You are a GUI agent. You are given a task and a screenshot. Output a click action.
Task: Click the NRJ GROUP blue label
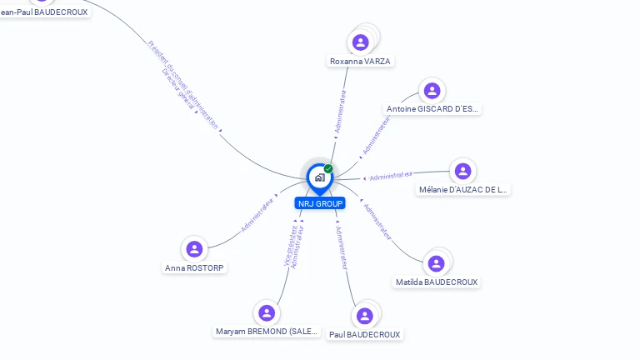point(320,203)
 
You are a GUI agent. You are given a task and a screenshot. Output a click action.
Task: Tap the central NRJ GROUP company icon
point(320,177)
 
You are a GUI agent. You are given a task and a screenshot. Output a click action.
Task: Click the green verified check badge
point(328,168)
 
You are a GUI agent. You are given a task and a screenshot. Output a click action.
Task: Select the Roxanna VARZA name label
point(360,61)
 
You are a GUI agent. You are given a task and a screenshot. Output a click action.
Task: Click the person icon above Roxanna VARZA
point(361,42)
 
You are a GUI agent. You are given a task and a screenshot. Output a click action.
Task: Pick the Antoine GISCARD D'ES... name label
point(432,109)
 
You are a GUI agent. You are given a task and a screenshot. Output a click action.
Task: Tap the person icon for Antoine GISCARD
point(432,90)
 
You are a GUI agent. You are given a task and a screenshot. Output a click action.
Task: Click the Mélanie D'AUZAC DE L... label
point(463,190)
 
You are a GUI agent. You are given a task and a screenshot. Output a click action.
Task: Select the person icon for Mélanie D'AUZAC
point(463,171)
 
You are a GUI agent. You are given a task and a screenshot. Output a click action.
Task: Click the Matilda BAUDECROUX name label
point(437,282)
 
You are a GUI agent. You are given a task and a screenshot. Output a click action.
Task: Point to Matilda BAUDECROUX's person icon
point(436,263)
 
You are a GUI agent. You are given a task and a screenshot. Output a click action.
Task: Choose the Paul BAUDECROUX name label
point(364,335)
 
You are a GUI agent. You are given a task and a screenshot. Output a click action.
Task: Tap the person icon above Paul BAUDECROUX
point(364,316)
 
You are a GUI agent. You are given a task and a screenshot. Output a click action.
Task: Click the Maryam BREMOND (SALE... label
point(267,332)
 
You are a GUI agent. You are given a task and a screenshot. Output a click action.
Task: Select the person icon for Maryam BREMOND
point(267,312)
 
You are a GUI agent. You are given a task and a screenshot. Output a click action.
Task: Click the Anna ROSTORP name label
point(194,268)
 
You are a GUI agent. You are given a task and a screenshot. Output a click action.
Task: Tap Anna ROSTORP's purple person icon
point(194,248)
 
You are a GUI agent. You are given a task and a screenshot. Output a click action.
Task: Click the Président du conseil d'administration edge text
point(183,83)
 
